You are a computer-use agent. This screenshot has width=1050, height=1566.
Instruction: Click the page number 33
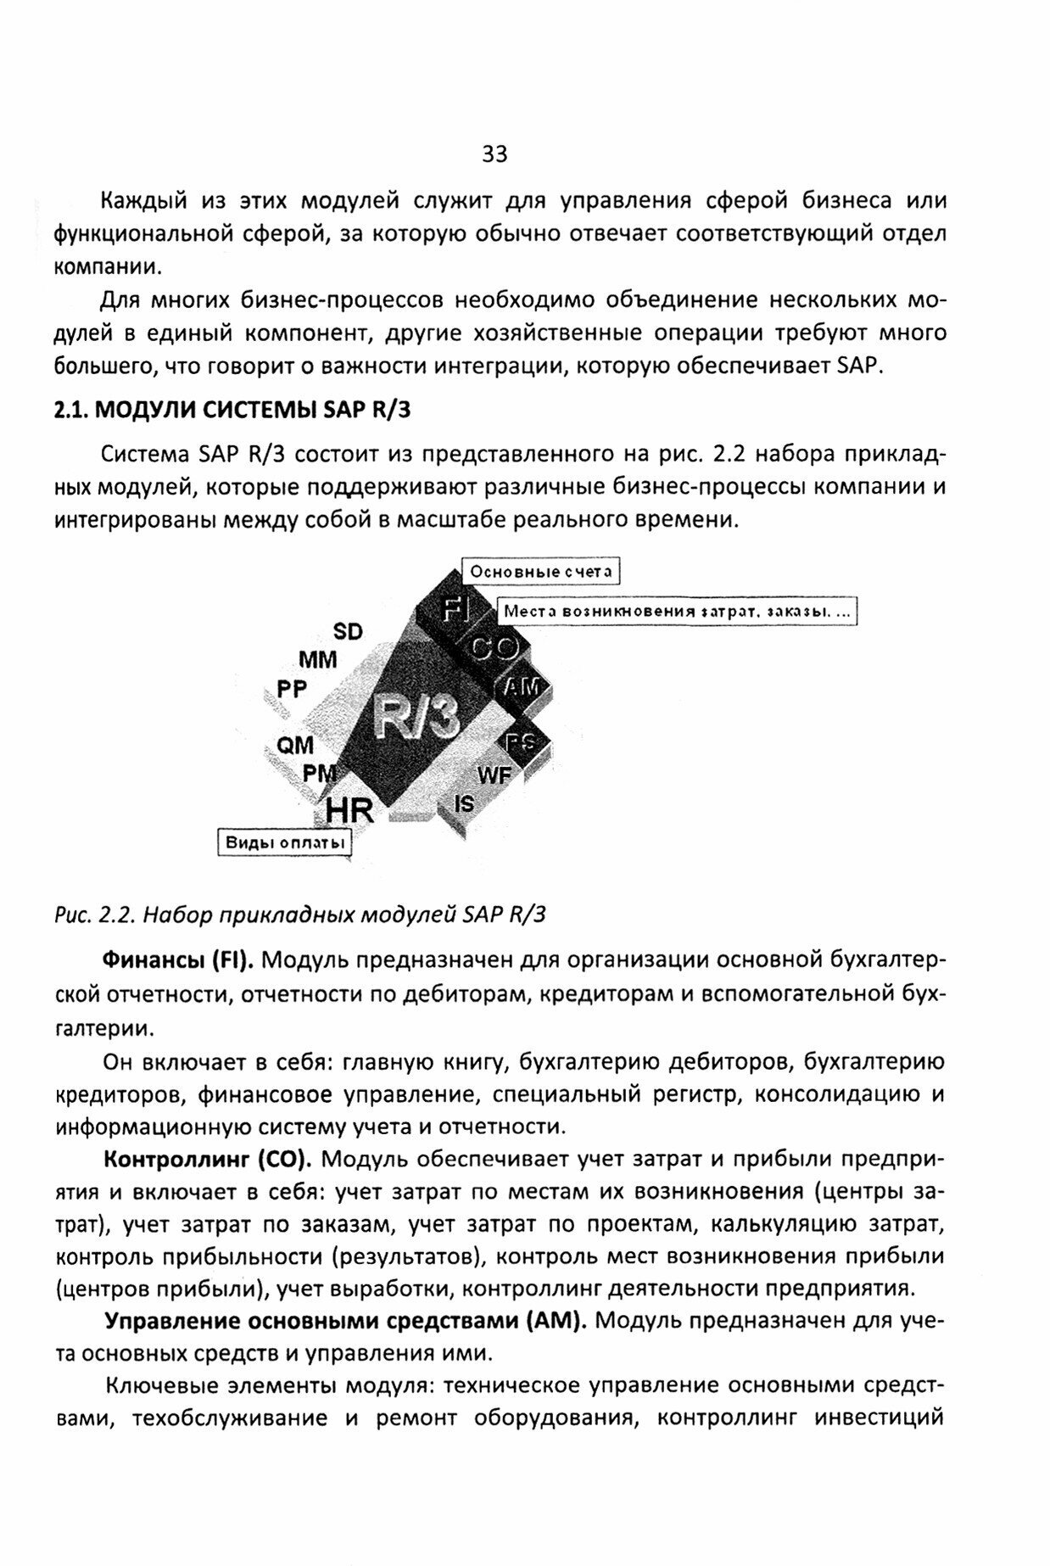click(494, 154)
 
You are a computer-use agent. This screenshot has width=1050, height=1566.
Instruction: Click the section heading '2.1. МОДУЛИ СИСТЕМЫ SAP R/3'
click(232, 410)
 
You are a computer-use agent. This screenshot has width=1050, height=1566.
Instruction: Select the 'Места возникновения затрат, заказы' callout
click(676, 611)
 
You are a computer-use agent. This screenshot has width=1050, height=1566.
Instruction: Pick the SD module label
click(348, 631)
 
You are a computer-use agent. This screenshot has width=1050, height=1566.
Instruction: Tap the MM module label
click(317, 659)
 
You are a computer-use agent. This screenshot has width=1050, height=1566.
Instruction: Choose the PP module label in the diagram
click(292, 689)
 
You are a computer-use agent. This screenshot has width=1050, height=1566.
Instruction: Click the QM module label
click(295, 745)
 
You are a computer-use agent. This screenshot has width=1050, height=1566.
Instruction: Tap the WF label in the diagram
click(494, 775)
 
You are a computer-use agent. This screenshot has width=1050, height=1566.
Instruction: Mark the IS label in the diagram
click(464, 803)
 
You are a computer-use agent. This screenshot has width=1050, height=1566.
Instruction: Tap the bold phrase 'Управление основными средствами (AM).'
click(346, 1321)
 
